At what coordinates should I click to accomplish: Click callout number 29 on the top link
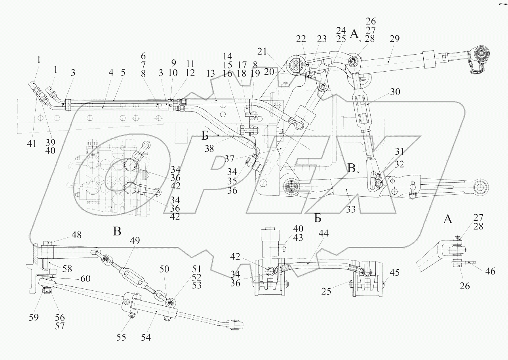pyautogui.click(x=394, y=39)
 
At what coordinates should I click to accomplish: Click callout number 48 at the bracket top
pyautogui.click(x=76, y=235)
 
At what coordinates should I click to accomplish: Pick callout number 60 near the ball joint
pyautogui.click(x=85, y=279)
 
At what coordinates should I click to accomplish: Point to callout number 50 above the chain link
pyautogui.click(x=164, y=269)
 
